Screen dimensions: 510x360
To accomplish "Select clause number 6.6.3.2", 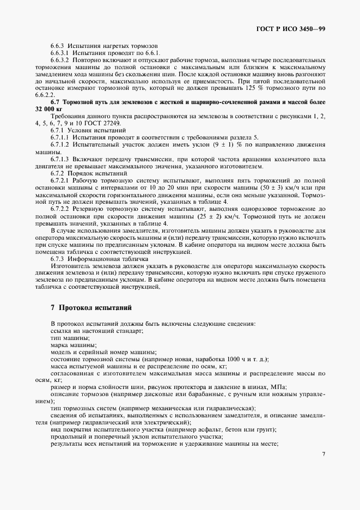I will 60,59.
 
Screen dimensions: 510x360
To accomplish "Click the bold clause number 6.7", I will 54,102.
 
